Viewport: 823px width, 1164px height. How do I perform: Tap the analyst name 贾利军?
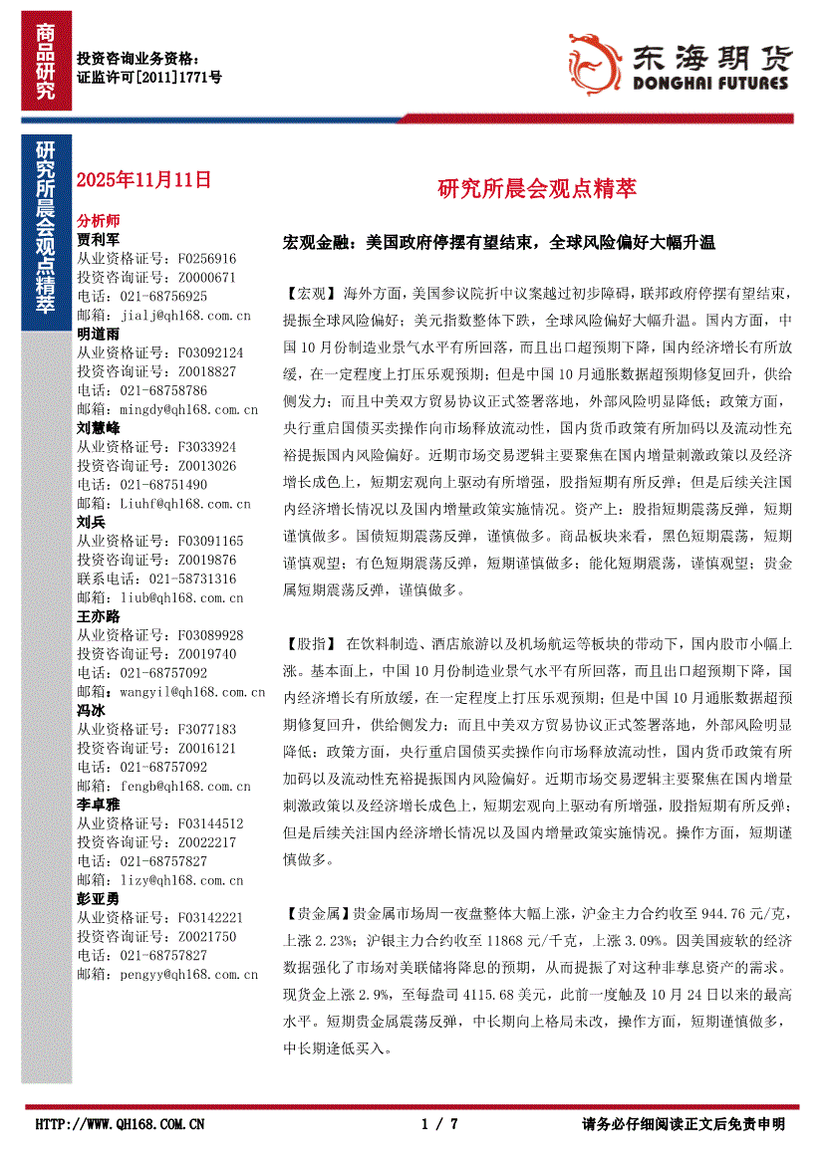point(98,240)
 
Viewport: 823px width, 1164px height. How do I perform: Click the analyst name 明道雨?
point(98,334)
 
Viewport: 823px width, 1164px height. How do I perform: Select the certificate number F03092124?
point(208,352)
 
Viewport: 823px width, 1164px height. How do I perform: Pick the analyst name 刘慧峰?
point(98,428)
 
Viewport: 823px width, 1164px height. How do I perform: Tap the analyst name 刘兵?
point(92,522)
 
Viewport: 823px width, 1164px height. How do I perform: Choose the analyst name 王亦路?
point(98,615)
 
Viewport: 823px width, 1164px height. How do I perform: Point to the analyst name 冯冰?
point(92,710)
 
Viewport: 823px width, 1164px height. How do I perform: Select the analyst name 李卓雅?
point(98,804)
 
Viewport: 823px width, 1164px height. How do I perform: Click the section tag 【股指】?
point(310,643)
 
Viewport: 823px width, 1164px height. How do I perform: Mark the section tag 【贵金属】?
point(316,912)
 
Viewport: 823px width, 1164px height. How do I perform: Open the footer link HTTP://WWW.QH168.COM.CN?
point(120,1124)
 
